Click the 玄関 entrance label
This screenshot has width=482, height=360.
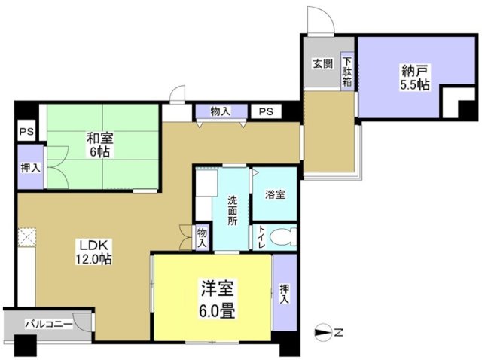(322, 63)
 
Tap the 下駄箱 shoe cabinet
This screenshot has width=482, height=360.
(347, 72)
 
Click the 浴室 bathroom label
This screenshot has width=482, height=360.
(274, 194)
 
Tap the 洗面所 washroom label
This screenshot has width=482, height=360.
(233, 210)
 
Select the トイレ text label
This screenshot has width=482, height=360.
(260, 237)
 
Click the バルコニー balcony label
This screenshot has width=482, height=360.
(48, 324)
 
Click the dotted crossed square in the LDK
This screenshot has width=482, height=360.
(29, 238)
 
